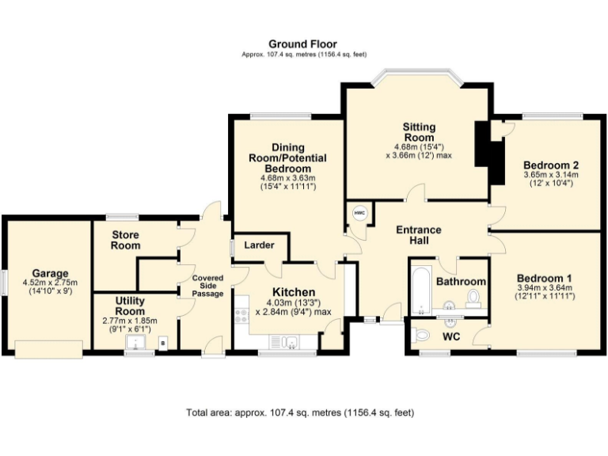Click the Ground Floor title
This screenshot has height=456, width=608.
303,44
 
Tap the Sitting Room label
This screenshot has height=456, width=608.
418,131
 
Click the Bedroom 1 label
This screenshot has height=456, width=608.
545,278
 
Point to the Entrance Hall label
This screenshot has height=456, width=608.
418,235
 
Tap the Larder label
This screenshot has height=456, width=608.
259,245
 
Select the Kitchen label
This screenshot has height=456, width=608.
293,292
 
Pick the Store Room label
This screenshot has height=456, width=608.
126,240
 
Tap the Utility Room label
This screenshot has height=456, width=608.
129,306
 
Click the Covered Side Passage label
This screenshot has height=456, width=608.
207,286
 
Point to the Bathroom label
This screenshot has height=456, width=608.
461,282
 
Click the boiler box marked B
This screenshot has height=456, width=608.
163,343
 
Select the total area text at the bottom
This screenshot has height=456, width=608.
300,412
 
